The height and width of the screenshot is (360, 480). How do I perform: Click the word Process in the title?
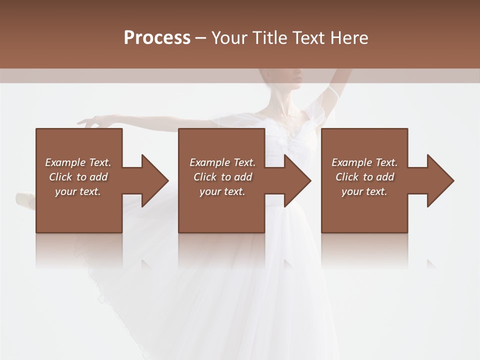click(157, 38)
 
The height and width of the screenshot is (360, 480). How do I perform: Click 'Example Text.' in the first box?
click(78, 162)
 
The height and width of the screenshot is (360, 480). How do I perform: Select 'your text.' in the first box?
click(78, 191)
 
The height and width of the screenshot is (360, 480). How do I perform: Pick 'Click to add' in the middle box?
click(222, 177)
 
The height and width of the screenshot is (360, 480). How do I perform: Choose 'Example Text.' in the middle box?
click(222, 162)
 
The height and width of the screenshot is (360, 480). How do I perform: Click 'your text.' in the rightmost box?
click(364, 191)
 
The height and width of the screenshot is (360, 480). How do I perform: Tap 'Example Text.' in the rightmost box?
click(364, 162)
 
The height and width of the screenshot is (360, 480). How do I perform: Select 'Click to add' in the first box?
click(78, 177)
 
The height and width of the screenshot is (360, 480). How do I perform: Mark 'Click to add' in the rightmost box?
click(364, 177)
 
